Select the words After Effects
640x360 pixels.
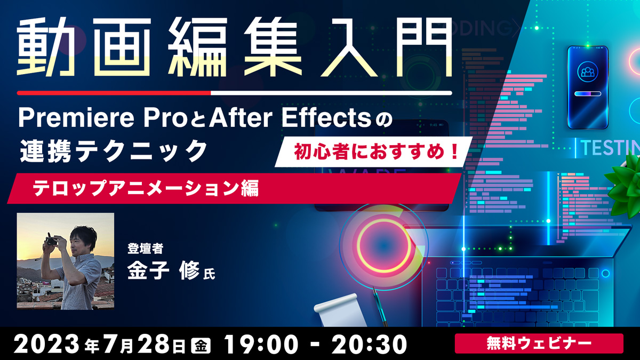coord(290,118)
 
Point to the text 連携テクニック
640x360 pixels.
coord(114,151)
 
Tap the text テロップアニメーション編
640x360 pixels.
coord(146,188)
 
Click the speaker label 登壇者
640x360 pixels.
coord(145,249)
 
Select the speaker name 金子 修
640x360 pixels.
coord(163,270)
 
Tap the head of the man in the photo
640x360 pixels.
coord(82,240)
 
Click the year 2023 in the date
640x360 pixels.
coord(46,345)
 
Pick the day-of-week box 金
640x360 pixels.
coord(201,345)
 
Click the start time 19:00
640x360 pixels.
coord(261,345)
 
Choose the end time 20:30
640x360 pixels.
coord(369,345)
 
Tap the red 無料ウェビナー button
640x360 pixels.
coord(539,343)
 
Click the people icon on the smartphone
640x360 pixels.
coord(587,71)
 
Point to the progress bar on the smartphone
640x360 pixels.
coord(587,94)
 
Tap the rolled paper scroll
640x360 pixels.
coord(340,310)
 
